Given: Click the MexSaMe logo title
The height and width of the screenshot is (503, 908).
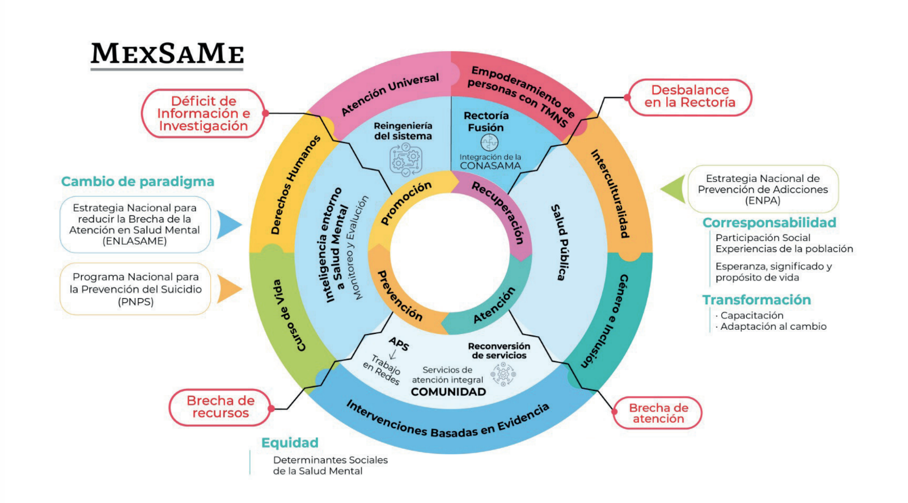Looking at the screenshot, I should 167,54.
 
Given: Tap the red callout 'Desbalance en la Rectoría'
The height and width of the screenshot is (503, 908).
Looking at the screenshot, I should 690,97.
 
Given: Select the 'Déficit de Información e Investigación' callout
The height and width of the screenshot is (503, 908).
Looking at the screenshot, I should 203,114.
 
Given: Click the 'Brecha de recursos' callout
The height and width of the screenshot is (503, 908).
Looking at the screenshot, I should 221,407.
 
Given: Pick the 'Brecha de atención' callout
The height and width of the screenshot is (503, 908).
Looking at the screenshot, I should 658,413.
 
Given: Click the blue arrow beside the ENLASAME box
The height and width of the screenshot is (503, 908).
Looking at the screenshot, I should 228,225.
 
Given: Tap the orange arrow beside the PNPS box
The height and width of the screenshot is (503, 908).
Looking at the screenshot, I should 229,289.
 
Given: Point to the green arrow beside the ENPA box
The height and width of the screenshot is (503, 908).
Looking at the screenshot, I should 674,189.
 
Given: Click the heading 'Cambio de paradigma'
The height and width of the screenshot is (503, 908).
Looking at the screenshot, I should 137,181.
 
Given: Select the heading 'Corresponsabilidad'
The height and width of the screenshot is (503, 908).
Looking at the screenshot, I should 769,222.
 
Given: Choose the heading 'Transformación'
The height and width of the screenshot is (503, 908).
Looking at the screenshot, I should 756,300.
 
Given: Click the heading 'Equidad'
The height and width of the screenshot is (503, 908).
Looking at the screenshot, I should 290,442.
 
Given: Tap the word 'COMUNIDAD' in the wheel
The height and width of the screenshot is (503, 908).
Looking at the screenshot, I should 448,392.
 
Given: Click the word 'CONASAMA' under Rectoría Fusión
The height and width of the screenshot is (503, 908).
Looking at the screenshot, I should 490,166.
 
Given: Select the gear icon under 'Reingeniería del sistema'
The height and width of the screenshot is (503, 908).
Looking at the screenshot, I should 406,159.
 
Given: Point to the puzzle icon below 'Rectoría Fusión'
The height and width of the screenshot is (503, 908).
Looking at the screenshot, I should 489,142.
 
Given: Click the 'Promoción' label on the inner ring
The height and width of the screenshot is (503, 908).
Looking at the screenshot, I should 406,203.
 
